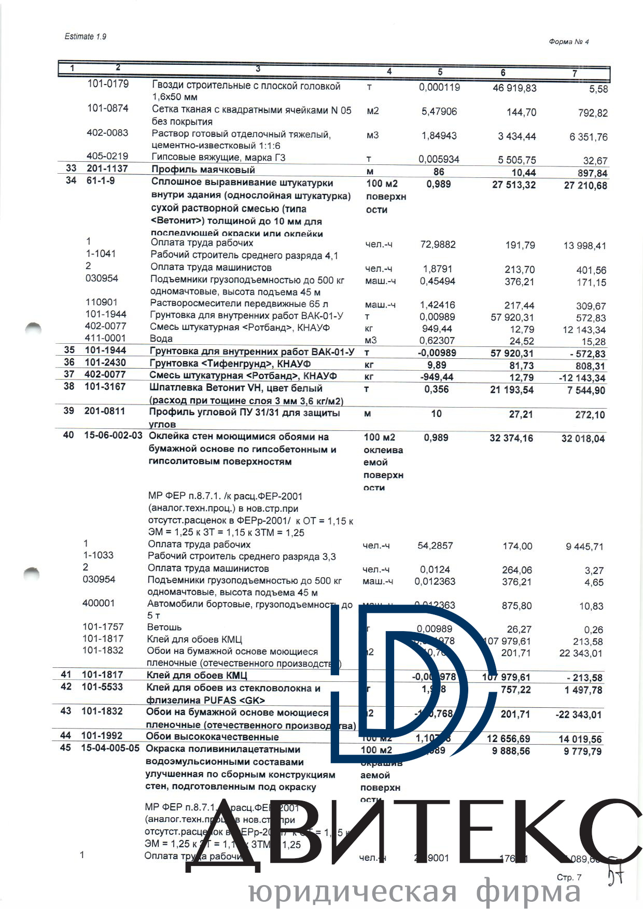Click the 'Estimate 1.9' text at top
(85, 36)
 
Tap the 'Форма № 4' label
(569, 42)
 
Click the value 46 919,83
(514, 88)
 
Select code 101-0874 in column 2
(107, 108)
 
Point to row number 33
(71, 168)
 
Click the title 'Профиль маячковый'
(203, 170)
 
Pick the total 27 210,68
(585, 186)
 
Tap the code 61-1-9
(101, 180)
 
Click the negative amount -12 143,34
(582, 378)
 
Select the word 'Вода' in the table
(161, 339)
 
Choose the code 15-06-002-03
(113, 435)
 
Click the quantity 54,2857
(435, 546)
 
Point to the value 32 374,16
(511, 438)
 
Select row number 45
(65, 748)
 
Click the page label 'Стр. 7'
(569, 877)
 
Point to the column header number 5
(440, 72)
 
